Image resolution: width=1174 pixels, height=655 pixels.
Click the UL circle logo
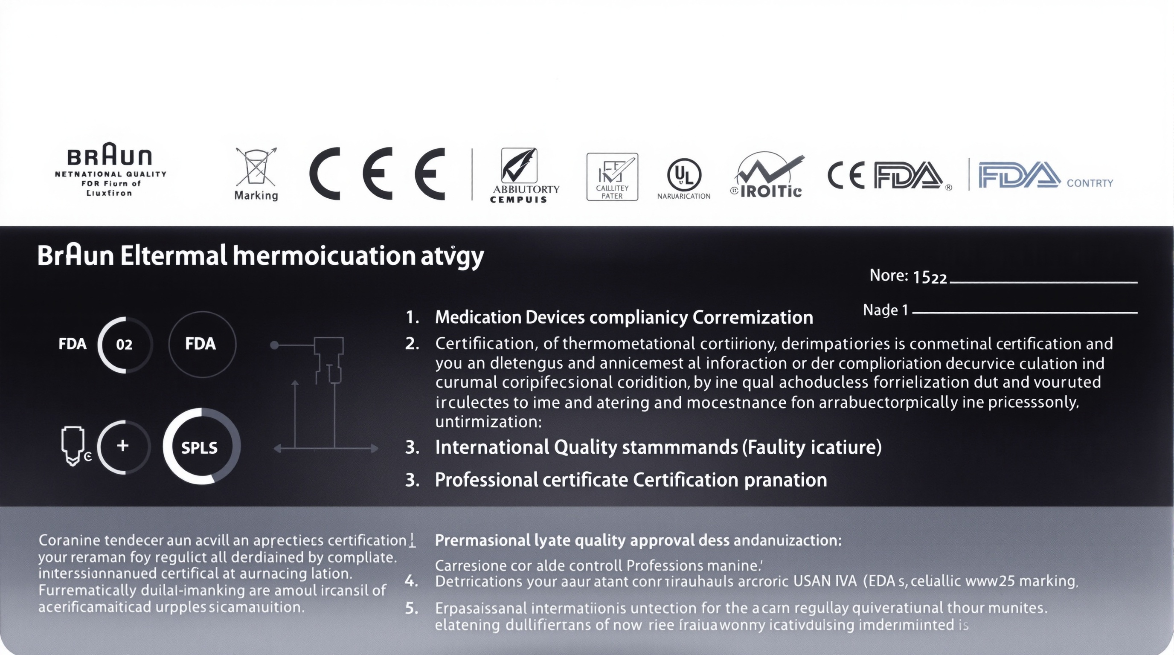click(x=683, y=175)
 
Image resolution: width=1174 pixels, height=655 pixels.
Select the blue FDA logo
click(x=1019, y=175)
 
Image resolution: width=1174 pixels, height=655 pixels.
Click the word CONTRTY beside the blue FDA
click(x=1090, y=183)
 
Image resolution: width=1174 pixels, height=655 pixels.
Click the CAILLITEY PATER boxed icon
click(x=612, y=177)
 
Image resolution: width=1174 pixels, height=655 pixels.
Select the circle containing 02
click(x=124, y=345)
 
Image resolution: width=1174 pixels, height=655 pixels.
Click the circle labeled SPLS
click(x=200, y=447)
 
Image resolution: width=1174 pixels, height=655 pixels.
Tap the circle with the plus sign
click(x=122, y=446)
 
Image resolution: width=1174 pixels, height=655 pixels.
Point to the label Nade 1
click(x=886, y=310)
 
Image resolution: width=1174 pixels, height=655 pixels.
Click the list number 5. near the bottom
click(x=411, y=608)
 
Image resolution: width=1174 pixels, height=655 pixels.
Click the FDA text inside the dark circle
click(x=200, y=344)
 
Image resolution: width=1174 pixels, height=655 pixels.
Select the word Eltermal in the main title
click(x=173, y=256)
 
